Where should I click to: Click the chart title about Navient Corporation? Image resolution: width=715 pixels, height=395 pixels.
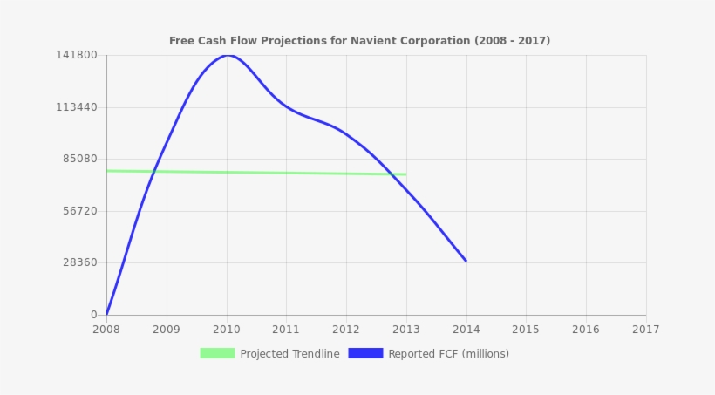[x=359, y=41]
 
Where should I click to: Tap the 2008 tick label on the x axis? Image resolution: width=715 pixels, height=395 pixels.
[x=106, y=330]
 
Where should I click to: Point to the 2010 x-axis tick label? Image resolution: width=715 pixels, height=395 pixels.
[x=227, y=330]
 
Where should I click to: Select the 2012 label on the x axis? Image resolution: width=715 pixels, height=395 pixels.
[x=346, y=330]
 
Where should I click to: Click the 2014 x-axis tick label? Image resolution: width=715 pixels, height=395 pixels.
[x=466, y=330]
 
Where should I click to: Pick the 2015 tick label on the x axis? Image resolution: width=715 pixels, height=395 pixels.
[x=526, y=330]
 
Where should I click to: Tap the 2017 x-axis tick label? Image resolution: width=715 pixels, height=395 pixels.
[x=645, y=330]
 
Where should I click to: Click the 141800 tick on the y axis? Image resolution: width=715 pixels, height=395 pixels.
[x=77, y=55]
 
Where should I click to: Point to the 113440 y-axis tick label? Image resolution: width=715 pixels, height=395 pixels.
[x=77, y=107]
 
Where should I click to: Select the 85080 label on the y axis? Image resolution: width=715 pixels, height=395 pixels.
[x=79, y=159]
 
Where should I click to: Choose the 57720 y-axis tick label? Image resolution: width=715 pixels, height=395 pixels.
[x=79, y=211]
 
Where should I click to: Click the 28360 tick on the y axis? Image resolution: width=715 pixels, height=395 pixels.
[x=79, y=262]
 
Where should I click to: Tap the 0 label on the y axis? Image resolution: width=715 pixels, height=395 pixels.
[x=94, y=315]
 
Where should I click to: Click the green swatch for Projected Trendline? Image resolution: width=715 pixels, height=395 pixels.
[x=217, y=353]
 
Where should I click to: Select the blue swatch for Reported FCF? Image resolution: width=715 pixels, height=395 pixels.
[x=365, y=353]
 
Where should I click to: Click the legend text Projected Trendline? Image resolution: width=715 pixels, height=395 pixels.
[x=289, y=354]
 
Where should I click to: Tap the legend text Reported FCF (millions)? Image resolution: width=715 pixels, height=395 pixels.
[x=448, y=354]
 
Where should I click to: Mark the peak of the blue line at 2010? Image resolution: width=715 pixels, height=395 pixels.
[x=227, y=55]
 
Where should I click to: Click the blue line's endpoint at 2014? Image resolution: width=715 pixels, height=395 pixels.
[x=466, y=261]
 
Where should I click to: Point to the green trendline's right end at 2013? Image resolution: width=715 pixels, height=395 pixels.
[x=405, y=174]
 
